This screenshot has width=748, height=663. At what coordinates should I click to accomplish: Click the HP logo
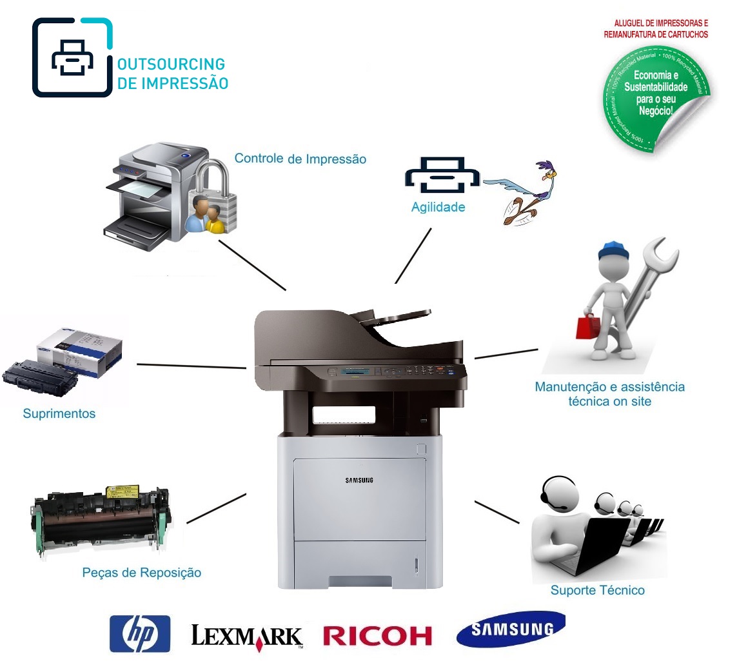click(x=139, y=633)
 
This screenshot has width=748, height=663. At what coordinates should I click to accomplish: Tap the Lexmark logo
click(x=246, y=636)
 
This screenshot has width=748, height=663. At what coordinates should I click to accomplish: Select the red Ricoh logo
click(x=377, y=635)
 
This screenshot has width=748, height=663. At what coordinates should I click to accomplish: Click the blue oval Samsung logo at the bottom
click(x=510, y=629)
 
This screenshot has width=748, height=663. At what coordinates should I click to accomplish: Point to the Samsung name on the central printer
click(x=359, y=480)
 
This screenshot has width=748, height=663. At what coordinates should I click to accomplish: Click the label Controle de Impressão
click(x=300, y=158)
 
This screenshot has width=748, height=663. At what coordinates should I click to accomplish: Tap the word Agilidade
click(x=438, y=208)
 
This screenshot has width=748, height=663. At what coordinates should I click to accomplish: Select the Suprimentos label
click(x=59, y=413)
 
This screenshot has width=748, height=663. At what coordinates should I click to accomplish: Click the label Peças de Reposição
click(x=142, y=572)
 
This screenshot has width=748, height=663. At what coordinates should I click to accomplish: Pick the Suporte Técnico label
click(x=597, y=589)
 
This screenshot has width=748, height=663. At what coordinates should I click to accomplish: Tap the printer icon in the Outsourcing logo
click(x=72, y=58)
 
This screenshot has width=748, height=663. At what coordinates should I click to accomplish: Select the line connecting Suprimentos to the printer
click(x=192, y=366)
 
